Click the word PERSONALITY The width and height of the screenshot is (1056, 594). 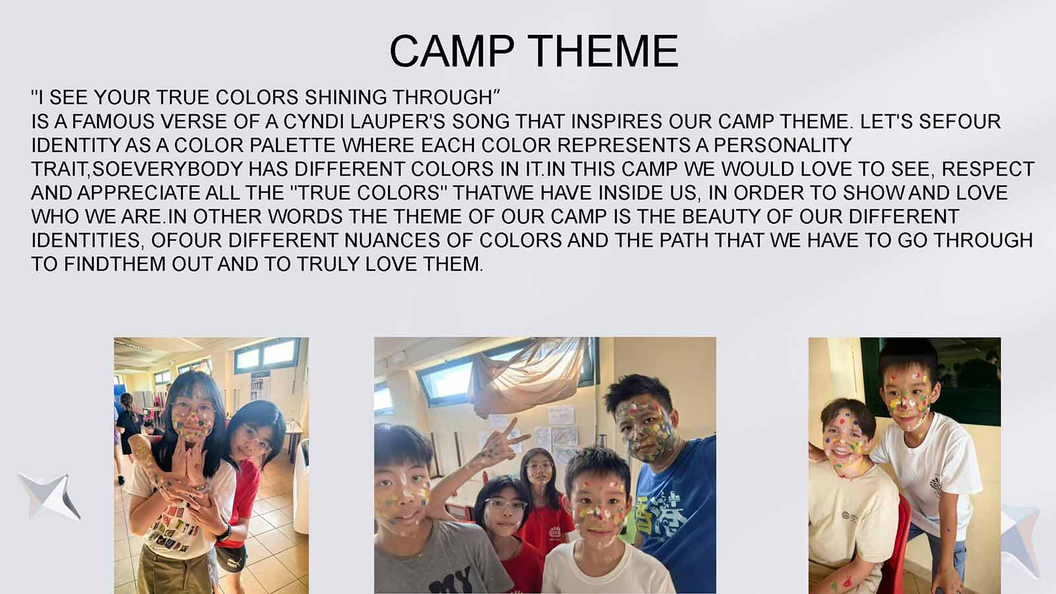[783, 145]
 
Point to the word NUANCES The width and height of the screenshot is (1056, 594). [392, 240]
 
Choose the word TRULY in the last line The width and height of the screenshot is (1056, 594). [328, 264]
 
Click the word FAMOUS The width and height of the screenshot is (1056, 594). [113, 121]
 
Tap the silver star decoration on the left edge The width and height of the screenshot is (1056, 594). [49, 496]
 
